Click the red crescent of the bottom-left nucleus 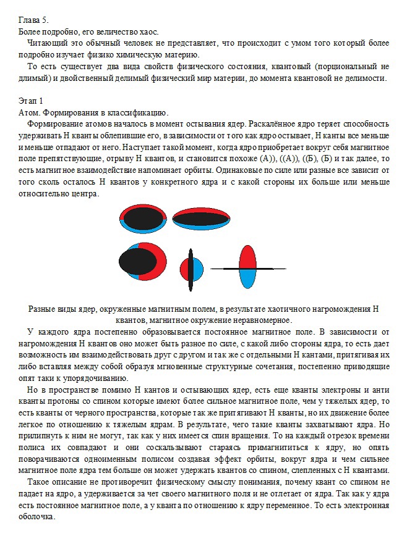pos(158,259)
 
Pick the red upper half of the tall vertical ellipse pos(247,256)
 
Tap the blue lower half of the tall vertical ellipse pos(247,279)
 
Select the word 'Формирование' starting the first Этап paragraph pos(55,123)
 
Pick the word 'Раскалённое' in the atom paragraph pos(280,123)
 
